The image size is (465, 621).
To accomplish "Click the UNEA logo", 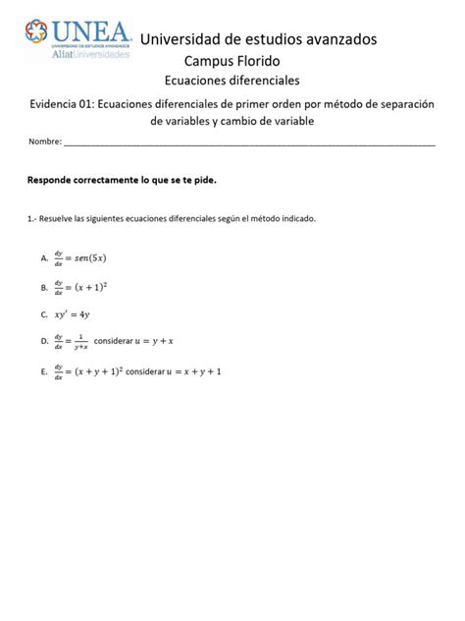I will click(x=78, y=39).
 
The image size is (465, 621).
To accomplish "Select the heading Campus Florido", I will click(x=232, y=61).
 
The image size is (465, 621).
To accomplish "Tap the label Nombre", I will click(x=44, y=141).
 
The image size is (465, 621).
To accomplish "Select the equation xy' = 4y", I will click(x=73, y=315).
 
